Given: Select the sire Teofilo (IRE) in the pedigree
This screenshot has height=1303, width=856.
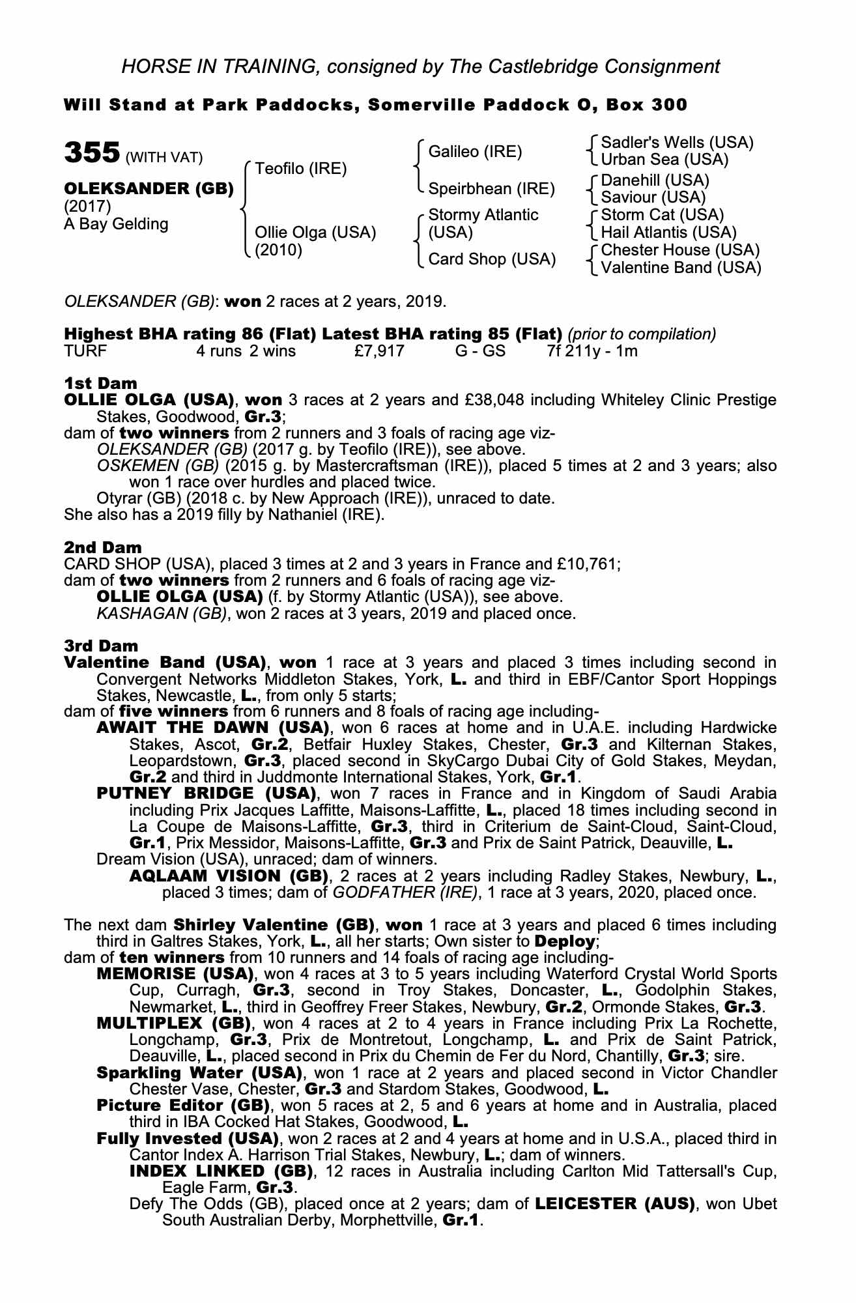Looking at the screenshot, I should pyautogui.click(x=301, y=169).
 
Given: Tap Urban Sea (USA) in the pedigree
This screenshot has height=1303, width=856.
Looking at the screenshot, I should pyautogui.click(x=664, y=160).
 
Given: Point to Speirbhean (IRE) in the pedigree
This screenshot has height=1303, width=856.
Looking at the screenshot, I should pyautogui.click(x=491, y=189).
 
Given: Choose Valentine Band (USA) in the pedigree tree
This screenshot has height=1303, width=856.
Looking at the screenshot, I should pyautogui.click(x=681, y=268).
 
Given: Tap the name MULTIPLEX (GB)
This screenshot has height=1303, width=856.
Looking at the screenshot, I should pyautogui.click(x=174, y=1023).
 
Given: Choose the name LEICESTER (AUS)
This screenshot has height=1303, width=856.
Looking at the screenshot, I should pyautogui.click(x=614, y=1204).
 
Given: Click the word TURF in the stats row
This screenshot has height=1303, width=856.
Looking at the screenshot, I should pyautogui.click(x=85, y=352).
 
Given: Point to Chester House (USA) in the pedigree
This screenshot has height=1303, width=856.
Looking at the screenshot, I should pyautogui.click(x=680, y=250).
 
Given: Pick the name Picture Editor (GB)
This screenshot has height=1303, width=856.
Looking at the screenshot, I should pyautogui.click(x=183, y=1106).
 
